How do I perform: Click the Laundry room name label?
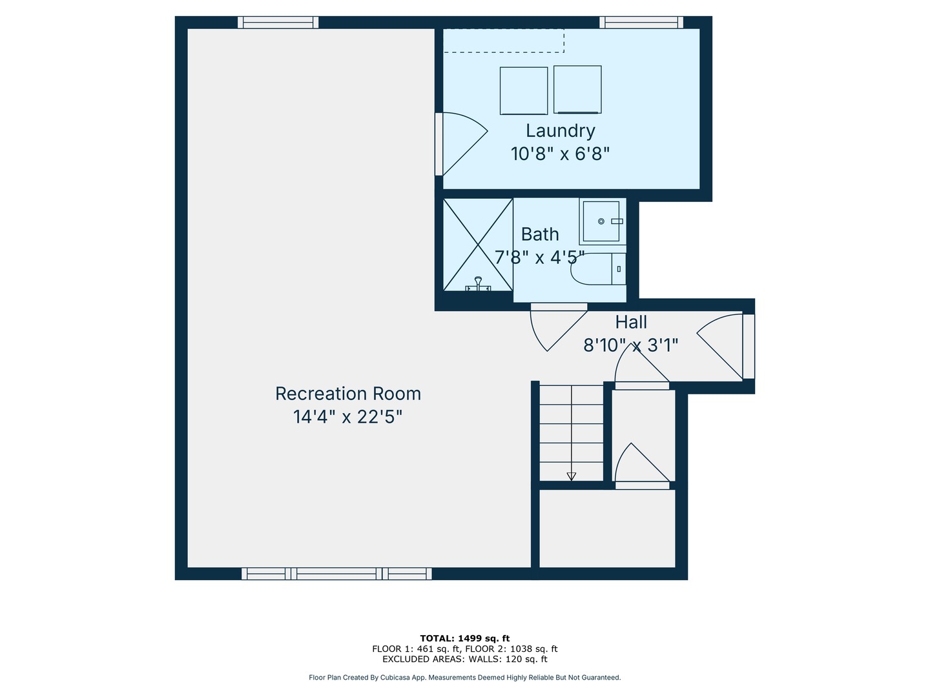click(x=560, y=130)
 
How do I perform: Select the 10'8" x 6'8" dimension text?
click(x=560, y=154)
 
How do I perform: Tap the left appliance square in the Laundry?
click(x=523, y=90)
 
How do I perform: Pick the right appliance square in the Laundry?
click(x=577, y=89)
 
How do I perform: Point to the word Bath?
click(x=540, y=234)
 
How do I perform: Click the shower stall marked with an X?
click(x=478, y=245)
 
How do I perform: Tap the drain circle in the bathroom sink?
click(x=601, y=221)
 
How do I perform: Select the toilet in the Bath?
click(x=597, y=269)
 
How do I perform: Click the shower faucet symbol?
click(x=478, y=284)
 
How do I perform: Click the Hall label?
click(x=631, y=322)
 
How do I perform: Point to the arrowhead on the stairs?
click(x=571, y=476)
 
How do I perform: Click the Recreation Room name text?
click(x=348, y=394)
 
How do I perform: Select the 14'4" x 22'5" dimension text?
click(x=348, y=417)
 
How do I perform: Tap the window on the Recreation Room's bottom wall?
click(x=336, y=574)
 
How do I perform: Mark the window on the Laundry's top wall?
click(x=641, y=23)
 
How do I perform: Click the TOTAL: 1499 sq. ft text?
click(x=464, y=638)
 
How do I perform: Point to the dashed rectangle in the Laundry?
click(x=504, y=41)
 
